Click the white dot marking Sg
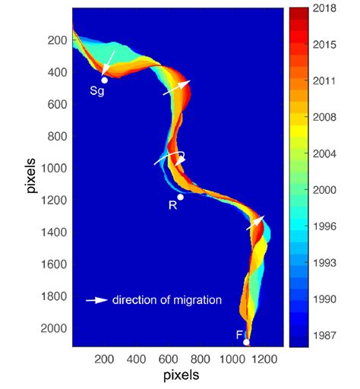[104, 81]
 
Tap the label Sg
[97, 91]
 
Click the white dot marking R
[180, 197]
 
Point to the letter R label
[172, 205]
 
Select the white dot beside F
[246, 343]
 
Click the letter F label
[239, 335]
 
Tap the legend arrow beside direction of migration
[97, 300]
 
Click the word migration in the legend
[197, 300]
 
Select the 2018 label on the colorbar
[324, 8]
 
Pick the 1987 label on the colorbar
[324, 335]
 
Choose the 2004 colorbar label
[324, 153]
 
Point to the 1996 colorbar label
[324, 226]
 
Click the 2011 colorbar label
[324, 81]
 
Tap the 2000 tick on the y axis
[54, 328]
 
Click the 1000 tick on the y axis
[54, 168]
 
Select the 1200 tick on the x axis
[264, 359]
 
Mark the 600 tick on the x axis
[168, 359]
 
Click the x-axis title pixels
[182, 375]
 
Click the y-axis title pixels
[30, 176]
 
